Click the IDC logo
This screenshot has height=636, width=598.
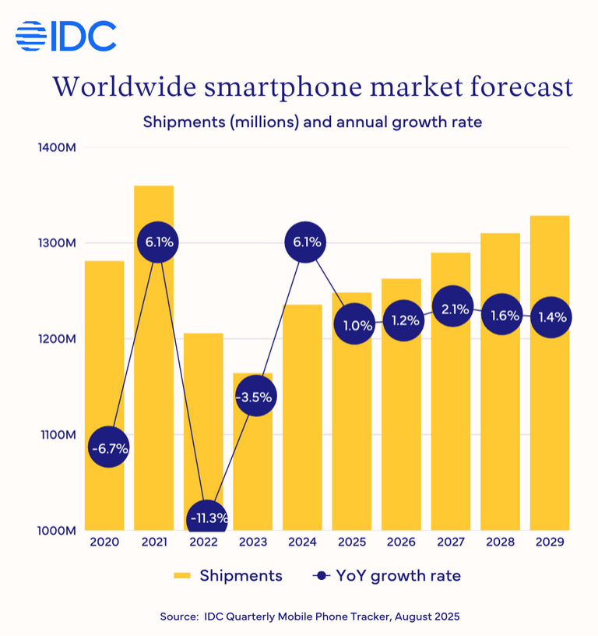tap(65, 36)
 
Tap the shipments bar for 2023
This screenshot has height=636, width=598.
tap(253, 468)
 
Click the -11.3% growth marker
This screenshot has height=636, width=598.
tap(207, 518)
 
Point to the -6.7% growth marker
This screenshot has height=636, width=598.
tap(108, 448)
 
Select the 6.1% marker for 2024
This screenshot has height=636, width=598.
tap(306, 242)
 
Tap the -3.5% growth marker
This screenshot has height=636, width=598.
tap(253, 397)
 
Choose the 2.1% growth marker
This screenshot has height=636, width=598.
tap(455, 309)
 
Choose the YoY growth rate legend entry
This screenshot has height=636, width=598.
tap(386, 576)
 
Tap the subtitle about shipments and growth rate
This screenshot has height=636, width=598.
tap(311, 122)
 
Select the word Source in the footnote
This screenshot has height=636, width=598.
tap(181, 617)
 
